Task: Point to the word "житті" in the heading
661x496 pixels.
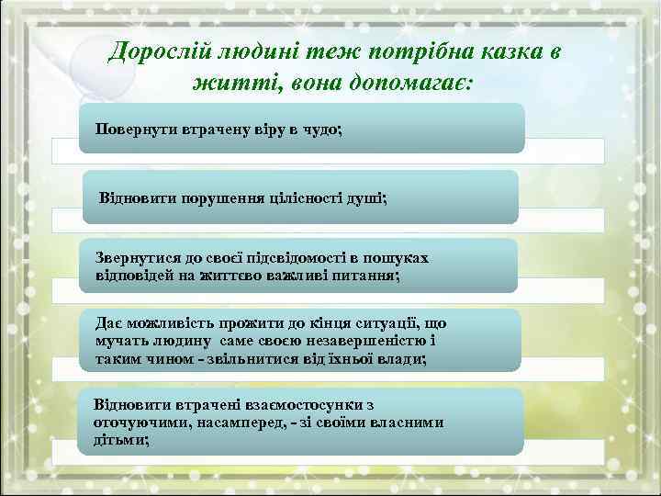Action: coord(224,84)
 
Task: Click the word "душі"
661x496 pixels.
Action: coord(368,197)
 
